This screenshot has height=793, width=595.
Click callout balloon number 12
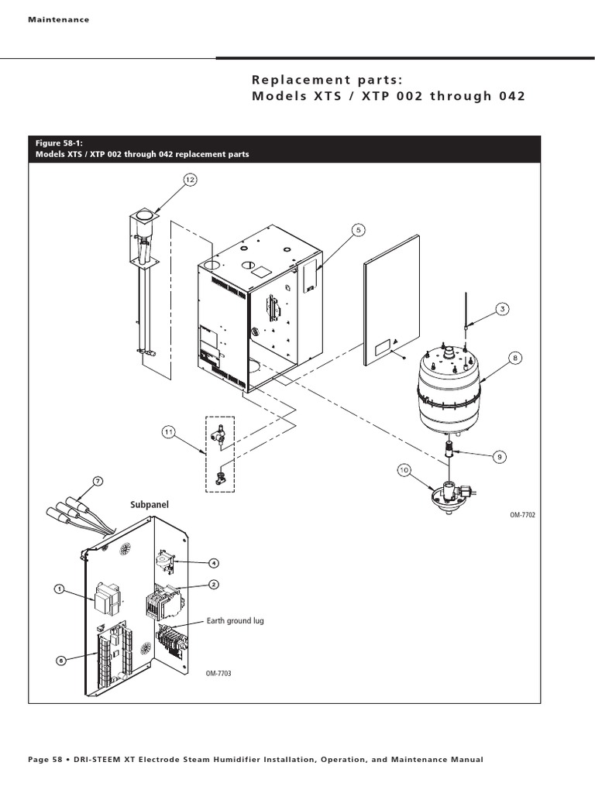(x=190, y=180)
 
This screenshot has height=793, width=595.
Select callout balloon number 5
(x=359, y=229)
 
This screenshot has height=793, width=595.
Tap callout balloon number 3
(x=503, y=309)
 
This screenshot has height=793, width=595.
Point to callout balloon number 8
(x=515, y=358)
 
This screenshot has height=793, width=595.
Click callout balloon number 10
(x=404, y=469)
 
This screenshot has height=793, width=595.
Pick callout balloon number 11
(x=169, y=431)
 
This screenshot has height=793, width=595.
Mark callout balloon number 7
(x=98, y=482)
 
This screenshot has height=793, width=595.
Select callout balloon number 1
(x=58, y=589)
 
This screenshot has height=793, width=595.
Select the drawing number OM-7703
(x=219, y=673)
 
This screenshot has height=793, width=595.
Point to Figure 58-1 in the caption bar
(x=59, y=143)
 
